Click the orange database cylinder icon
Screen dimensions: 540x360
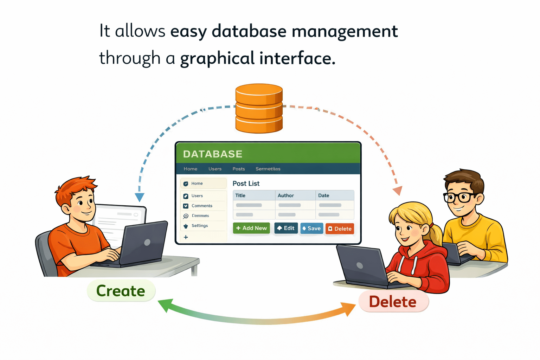coord(259,108)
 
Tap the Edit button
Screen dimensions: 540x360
coord(286,228)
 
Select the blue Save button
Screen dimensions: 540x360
coord(311,229)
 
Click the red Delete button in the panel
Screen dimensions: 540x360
coord(340,229)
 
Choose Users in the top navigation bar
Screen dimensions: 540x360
coord(215,169)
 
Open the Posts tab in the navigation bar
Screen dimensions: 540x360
coord(239,169)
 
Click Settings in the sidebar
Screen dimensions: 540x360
coord(199,226)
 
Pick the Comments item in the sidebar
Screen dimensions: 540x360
coord(202,206)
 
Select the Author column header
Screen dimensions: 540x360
coord(286,195)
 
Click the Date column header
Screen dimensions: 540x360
coord(323,195)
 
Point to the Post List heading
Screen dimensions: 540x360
coord(246,184)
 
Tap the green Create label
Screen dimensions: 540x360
coord(121,291)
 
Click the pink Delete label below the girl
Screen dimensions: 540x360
coord(393,302)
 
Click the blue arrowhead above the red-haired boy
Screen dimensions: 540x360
coord(140,197)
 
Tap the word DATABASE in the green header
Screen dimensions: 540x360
coord(213,154)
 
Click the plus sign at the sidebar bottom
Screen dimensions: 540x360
coord(186,237)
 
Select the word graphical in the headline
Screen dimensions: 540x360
coord(217,58)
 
